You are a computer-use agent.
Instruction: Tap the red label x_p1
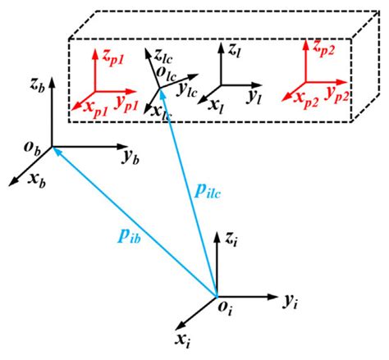(x=88, y=105)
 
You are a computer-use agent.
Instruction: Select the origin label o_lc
(x=167, y=74)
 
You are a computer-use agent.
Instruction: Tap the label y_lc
(x=190, y=89)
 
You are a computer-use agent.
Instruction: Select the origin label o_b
(x=31, y=148)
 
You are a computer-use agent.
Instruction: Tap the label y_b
(x=129, y=154)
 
